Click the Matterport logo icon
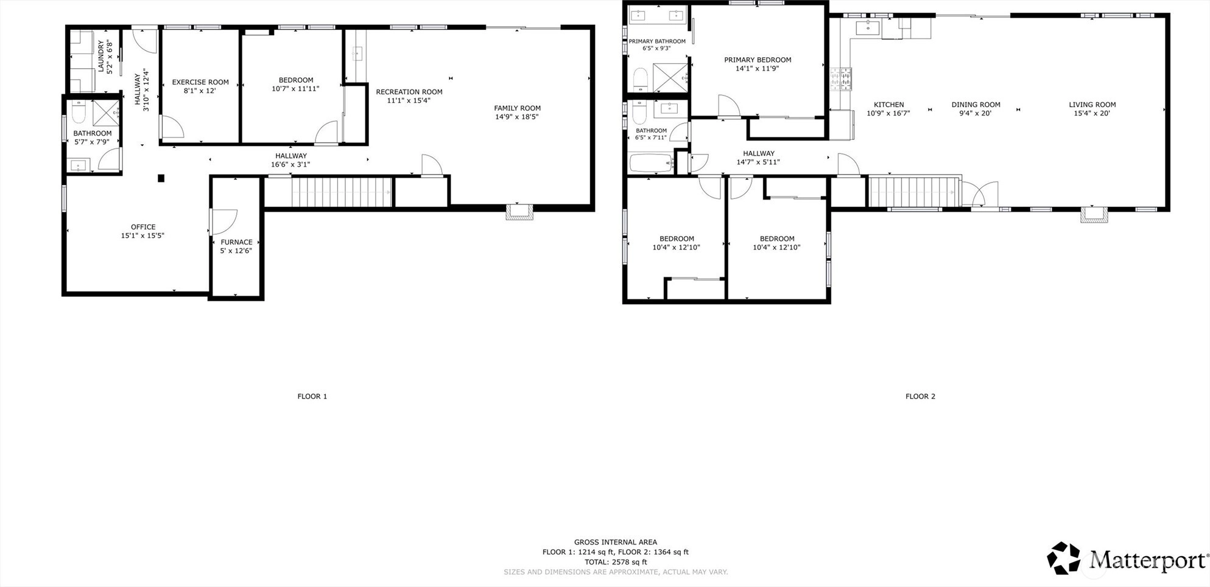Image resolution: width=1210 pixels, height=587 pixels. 1064,558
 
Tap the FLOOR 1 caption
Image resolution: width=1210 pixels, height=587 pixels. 312,397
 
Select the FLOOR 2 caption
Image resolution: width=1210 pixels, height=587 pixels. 920,397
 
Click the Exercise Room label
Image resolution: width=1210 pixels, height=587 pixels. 200,82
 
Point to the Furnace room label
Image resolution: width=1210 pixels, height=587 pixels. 236,242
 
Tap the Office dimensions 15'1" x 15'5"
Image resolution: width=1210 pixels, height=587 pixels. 143,235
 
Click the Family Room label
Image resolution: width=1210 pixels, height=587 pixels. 518,108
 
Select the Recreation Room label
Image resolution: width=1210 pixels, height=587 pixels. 409,92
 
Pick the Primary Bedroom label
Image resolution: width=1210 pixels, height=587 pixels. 758,60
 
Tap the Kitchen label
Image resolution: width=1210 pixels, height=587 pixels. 889,105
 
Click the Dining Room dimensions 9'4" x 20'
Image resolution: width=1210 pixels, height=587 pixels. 976,113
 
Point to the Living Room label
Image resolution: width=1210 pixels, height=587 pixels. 1092,105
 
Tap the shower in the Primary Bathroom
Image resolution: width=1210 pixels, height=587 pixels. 670,77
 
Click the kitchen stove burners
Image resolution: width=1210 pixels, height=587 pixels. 841,79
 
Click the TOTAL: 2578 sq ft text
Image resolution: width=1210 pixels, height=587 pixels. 616,562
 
